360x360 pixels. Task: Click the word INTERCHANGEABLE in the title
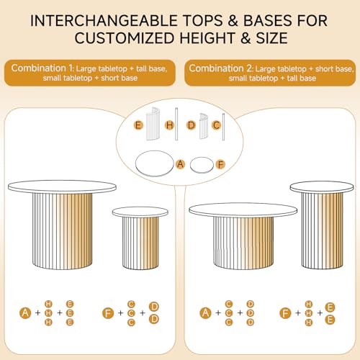(x=104, y=21)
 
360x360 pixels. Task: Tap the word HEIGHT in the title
(x=207, y=38)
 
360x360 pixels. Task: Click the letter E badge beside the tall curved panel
(x=138, y=125)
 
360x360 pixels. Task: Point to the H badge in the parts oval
(x=170, y=125)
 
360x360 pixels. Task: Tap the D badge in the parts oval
(x=192, y=125)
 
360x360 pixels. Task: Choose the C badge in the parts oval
(x=217, y=125)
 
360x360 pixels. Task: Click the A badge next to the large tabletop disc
(x=180, y=164)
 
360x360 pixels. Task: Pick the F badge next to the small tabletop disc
(x=220, y=165)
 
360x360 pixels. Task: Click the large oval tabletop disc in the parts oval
(x=154, y=163)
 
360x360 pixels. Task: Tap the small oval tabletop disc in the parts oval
(x=202, y=165)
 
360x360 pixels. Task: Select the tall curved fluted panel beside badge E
(x=153, y=124)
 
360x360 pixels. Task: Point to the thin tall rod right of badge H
(x=176, y=124)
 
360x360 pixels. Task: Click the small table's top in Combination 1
(x=140, y=212)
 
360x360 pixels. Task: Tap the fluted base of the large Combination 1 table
(x=63, y=231)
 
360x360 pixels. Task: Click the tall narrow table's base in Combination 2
(x=322, y=230)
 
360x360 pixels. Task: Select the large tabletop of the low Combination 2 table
(x=243, y=210)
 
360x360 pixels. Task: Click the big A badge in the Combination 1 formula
(x=25, y=313)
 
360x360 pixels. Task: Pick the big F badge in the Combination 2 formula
(x=285, y=313)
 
